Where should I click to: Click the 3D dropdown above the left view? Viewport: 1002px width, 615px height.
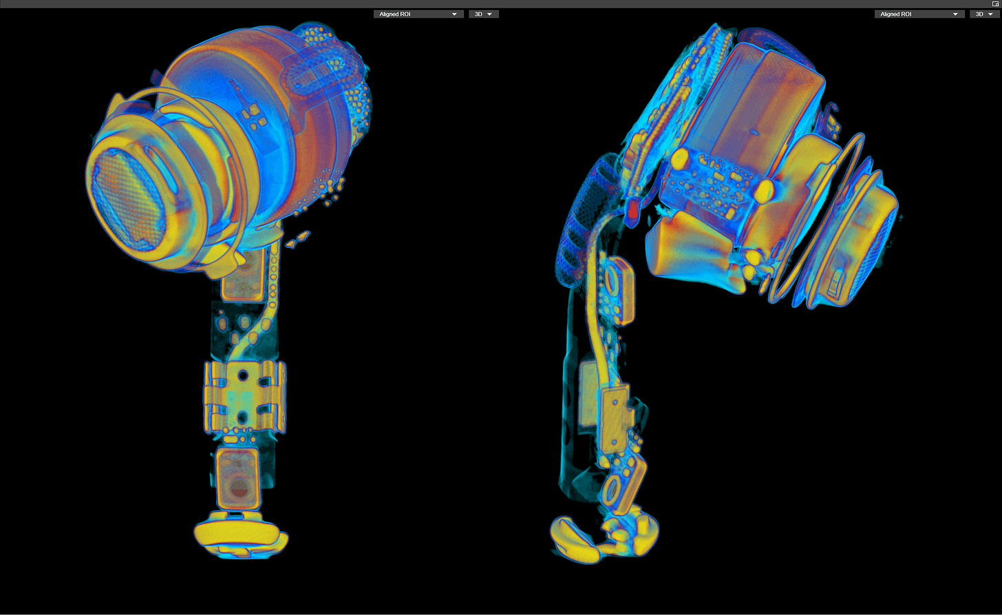(484, 14)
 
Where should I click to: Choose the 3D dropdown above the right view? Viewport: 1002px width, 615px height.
(985, 14)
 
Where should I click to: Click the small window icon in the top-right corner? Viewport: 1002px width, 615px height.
(995, 3)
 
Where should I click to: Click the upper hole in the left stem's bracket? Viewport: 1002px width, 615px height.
(243, 375)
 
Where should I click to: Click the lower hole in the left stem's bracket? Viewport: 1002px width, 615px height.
(242, 419)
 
